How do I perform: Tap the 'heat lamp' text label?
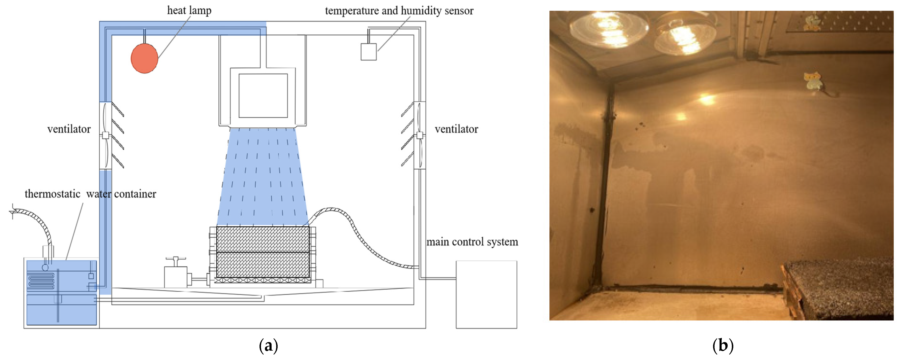click(189, 10)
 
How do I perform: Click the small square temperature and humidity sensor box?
click(368, 52)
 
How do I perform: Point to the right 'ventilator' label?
click(456, 129)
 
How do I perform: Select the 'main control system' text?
click(472, 242)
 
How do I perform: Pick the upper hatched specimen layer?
click(262, 239)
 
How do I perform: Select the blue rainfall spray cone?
click(262, 178)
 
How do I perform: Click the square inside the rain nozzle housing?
click(263, 95)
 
